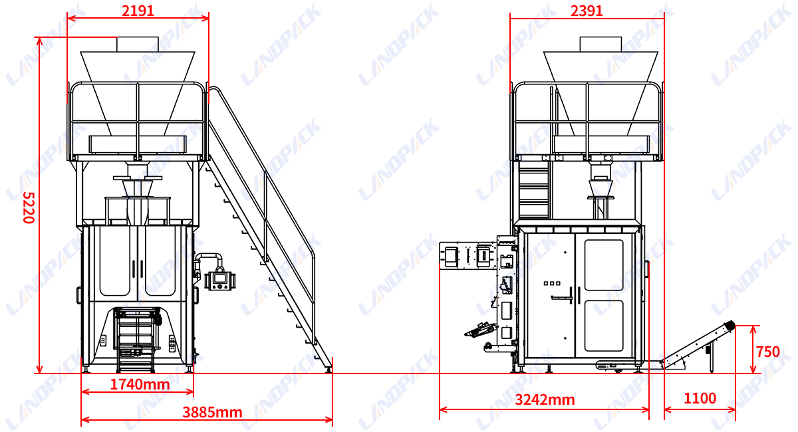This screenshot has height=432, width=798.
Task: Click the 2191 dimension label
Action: click(x=138, y=11)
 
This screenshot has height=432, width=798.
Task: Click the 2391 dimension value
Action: click(x=587, y=11)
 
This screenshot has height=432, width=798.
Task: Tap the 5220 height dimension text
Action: click(x=29, y=207)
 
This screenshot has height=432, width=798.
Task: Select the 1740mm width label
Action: click(x=140, y=385)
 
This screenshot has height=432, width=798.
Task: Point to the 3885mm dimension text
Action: click(x=212, y=413)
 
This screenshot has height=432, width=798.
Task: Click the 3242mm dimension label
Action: click(x=545, y=400)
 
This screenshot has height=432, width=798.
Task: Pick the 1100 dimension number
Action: click(x=700, y=398)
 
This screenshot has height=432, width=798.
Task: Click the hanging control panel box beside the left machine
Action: click(x=220, y=280)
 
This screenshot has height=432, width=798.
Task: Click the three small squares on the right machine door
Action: click(x=552, y=284)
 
